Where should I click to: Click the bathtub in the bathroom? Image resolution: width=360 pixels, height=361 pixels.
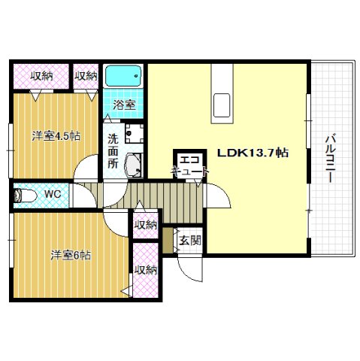[123, 76]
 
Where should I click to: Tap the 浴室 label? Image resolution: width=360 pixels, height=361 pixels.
[124, 105]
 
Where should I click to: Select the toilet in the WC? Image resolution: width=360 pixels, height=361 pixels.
[25, 196]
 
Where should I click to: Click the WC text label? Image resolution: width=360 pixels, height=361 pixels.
[53, 194]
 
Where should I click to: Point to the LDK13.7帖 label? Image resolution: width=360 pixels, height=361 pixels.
[253, 153]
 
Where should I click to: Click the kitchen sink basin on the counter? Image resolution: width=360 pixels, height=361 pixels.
[222, 105]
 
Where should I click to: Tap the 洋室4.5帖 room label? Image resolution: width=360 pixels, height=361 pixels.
[56, 136]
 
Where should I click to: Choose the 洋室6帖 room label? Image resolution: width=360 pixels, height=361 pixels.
[71, 255]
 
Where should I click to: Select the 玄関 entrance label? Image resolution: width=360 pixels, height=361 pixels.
[190, 241]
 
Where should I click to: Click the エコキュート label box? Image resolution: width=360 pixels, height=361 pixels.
[190, 165]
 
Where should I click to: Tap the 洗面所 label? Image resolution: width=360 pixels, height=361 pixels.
[113, 151]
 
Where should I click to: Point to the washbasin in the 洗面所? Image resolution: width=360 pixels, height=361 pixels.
[133, 165]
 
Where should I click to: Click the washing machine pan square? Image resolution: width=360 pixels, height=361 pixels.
[135, 133]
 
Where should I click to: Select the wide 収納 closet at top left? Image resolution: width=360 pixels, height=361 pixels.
[41, 76]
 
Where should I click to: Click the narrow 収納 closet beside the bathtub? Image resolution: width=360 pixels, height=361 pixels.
[86, 76]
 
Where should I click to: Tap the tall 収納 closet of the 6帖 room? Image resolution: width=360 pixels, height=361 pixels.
[146, 270]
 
